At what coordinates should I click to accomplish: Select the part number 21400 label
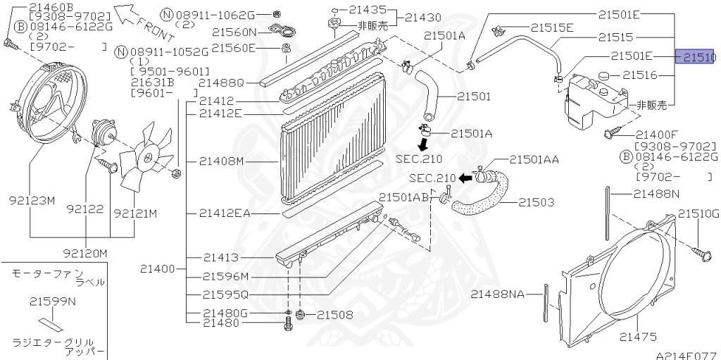[158, 268]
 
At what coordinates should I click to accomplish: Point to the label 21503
[537, 202]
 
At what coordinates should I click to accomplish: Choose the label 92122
[85, 209]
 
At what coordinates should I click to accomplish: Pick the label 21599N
[53, 302]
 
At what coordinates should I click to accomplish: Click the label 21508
[335, 315]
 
